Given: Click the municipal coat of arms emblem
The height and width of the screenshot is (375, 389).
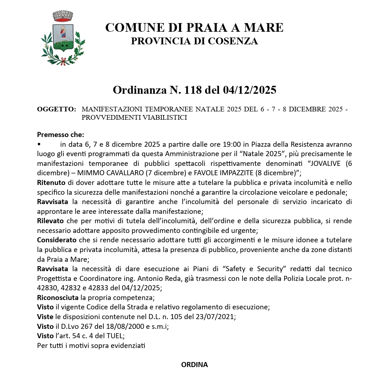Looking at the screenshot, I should tap(63, 38).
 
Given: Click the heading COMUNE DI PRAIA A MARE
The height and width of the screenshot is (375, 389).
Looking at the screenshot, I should tap(194, 27).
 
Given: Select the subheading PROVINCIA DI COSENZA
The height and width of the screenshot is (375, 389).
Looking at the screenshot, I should tap(194, 41).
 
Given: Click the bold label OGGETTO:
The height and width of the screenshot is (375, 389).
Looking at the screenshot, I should tap(56, 109).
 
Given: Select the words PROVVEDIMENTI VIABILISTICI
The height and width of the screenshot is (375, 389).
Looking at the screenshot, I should tap(134, 118).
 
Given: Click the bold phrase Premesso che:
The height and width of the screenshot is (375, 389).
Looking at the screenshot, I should tap(61, 135).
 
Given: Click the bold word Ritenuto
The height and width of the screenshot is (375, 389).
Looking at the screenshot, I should tap(51, 182).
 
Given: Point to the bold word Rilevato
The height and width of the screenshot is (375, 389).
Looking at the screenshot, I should tap(50, 221).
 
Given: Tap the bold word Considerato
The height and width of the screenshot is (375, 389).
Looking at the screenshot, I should tap(57, 240).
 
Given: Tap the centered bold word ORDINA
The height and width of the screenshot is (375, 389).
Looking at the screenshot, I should tap(194, 365).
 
